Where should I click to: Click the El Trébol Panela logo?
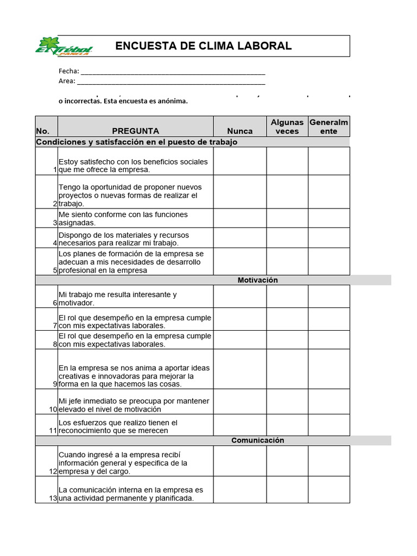[64, 46]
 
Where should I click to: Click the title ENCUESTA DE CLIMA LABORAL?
[204, 46]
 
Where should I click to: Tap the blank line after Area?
[171, 81]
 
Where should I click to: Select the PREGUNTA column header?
[136, 131]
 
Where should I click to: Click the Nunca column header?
[239, 131]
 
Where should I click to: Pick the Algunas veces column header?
[287, 127]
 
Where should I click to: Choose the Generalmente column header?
[329, 127]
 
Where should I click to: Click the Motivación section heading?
[257, 280]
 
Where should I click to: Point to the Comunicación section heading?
[257, 440]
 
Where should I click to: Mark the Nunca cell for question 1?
[239, 161]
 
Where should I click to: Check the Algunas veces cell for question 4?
[287, 238]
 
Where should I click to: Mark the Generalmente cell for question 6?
[329, 296]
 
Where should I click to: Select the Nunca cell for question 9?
[239, 369]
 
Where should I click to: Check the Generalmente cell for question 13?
[329, 490]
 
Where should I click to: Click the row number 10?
[53, 409]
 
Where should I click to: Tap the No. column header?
[42, 131]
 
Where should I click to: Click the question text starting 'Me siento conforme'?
[123, 218]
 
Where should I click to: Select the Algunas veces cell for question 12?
[287, 462]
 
